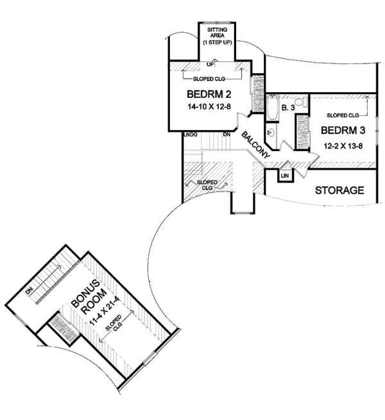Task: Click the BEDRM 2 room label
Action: pos(209,94)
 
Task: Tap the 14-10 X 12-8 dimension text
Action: pos(209,107)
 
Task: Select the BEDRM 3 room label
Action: pos(343,131)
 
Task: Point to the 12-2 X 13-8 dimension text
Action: pos(343,146)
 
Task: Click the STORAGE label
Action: pos(339,190)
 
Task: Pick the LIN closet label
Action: pos(285,175)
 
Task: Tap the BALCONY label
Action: pos(255,145)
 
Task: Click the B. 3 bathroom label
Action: pos(288,108)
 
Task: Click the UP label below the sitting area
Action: pos(210,65)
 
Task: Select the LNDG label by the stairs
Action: pos(191,134)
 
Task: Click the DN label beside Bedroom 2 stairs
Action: pos(227,134)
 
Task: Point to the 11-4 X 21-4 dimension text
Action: pos(105,311)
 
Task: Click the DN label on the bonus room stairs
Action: pos(29,291)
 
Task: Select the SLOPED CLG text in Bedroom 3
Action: pos(343,115)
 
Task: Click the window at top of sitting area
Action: pos(217,22)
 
